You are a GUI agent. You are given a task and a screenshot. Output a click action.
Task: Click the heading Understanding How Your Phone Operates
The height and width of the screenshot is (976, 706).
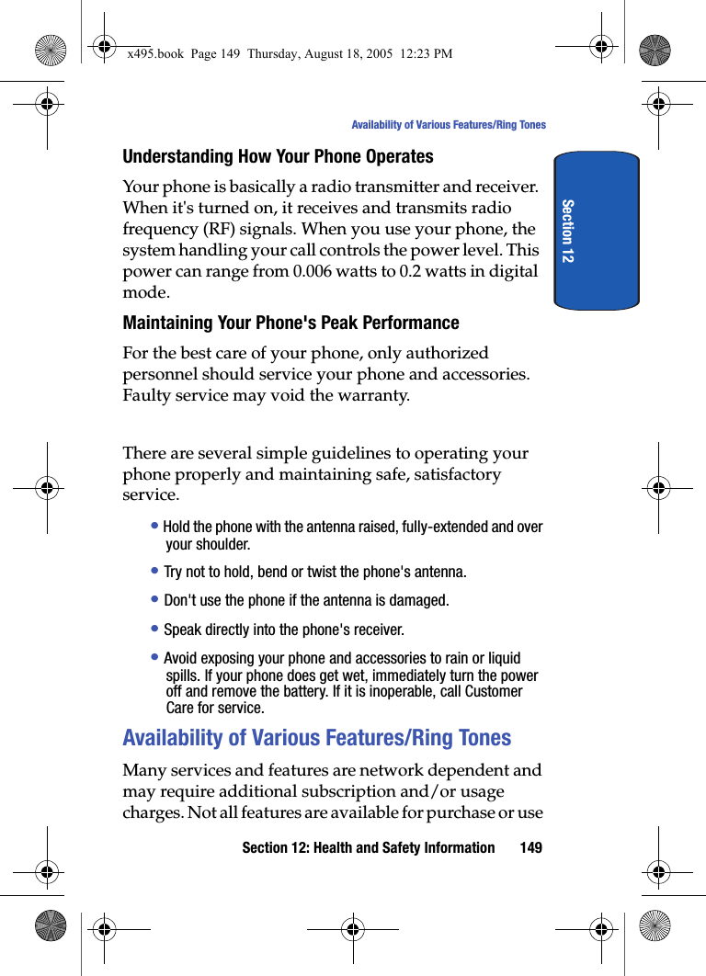point(278,156)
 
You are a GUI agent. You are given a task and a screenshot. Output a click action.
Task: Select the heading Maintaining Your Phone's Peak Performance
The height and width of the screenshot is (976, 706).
point(290,323)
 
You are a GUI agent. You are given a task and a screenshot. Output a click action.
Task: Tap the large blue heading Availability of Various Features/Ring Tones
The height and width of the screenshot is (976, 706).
point(316,738)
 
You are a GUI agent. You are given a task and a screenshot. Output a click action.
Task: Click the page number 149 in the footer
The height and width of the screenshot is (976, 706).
point(530,847)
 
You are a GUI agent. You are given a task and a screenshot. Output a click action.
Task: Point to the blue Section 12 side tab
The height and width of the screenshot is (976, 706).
point(596,231)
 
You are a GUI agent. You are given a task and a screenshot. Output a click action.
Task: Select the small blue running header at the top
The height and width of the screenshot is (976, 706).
point(448,125)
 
